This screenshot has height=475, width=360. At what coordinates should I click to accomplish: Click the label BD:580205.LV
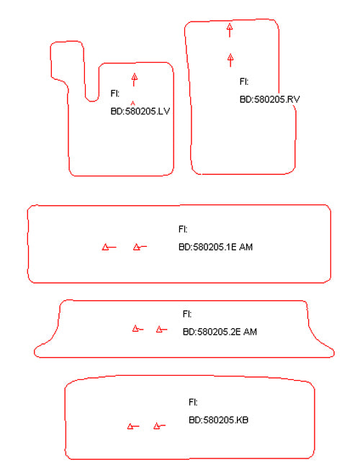coord(140,111)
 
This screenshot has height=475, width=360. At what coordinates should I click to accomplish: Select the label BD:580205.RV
coord(269,99)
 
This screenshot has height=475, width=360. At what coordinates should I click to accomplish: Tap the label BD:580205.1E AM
coord(215,247)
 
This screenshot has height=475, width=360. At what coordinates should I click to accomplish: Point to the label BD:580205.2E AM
coord(220,332)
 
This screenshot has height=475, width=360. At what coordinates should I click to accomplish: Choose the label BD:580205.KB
coord(218,420)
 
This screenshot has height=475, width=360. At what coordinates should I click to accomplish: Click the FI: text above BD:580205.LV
coord(115,94)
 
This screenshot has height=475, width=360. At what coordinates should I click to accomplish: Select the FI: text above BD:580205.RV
coord(244,81)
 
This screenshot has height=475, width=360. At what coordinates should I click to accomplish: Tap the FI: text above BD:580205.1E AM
coord(183,230)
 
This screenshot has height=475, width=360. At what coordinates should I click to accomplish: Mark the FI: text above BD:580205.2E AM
coord(187,314)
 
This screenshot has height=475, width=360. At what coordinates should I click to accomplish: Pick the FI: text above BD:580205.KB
coord(193,402)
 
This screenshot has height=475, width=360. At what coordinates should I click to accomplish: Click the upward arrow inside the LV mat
coord(134,80)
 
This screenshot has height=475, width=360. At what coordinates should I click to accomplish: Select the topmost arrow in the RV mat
coord(230,30)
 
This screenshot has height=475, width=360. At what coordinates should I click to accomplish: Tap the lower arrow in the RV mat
coord(230,60)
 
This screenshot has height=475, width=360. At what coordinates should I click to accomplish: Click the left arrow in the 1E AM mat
coord(109,247)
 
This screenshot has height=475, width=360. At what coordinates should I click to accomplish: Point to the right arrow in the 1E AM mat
coord(140,247)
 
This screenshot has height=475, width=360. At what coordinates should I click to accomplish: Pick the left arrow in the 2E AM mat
coord(138,329)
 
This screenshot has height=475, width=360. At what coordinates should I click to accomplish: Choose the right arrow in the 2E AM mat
coord(161,329)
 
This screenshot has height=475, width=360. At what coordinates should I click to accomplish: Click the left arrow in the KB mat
coord(133,426)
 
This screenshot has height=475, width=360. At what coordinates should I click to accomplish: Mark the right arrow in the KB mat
coord(159,426)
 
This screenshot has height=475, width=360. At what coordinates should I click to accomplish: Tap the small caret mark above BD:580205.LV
coord(132,104)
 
